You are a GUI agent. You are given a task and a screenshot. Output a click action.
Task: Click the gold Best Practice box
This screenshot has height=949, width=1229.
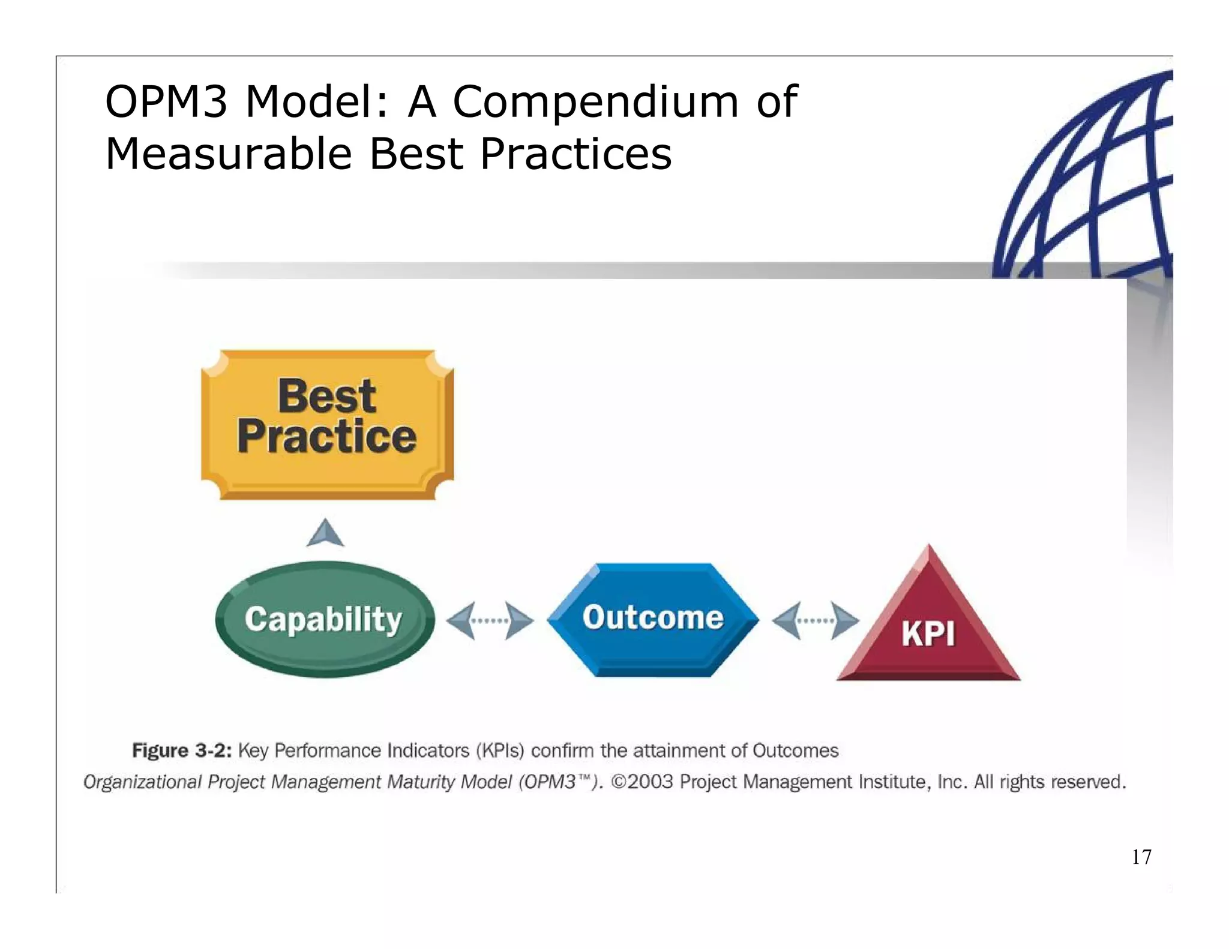(327, 424)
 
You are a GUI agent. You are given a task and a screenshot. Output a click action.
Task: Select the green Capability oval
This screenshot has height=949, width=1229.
(324, 619)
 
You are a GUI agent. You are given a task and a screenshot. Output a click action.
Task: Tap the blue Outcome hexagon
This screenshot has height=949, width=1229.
(653, 619)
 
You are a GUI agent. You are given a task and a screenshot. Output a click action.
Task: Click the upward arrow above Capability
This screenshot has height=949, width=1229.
(325, 533)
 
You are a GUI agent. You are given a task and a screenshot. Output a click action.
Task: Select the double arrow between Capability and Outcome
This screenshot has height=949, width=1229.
(490, 620)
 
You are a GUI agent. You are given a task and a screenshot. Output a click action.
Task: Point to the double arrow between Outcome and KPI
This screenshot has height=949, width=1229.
(815, 620)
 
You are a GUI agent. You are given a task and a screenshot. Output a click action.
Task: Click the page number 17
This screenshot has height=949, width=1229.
(1141, 857)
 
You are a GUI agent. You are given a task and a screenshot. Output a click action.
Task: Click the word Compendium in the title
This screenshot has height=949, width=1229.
(595, 101)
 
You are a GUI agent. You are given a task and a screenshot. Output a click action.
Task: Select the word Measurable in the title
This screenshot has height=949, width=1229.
(229, 154)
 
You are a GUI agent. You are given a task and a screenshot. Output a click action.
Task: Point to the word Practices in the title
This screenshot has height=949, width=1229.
(576, 154)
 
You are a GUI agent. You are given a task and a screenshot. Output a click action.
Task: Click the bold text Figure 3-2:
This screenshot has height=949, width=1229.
(182, 750)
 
